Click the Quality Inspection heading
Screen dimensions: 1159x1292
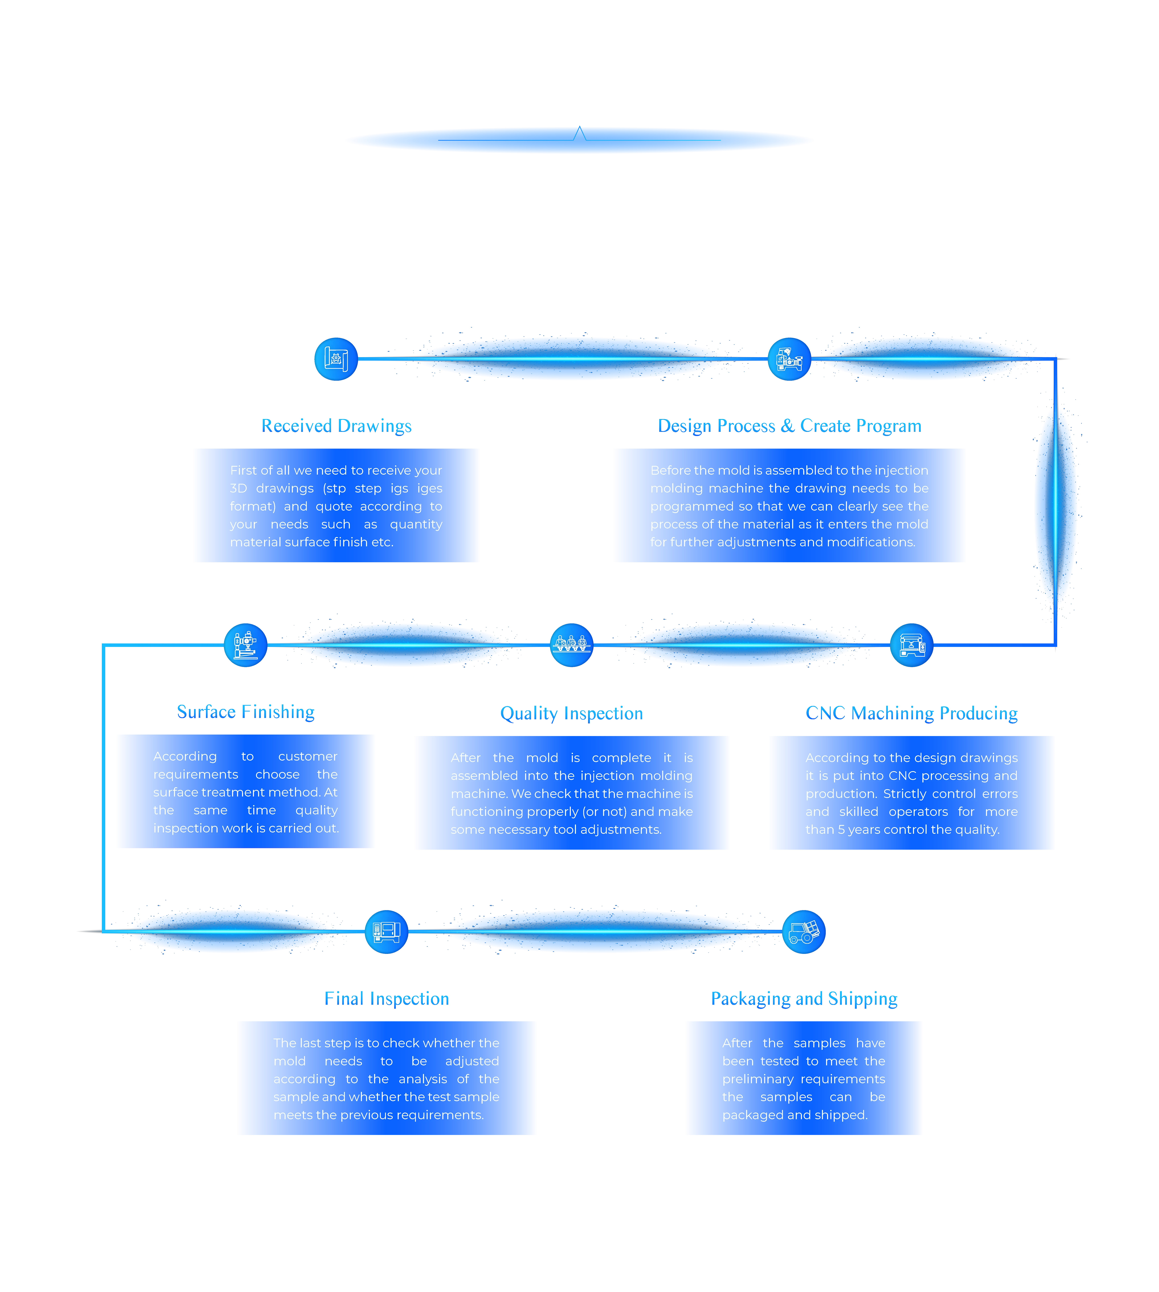pyautogui.click(x=572, y=714)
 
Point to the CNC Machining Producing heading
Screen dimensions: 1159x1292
pyautogui.click(x=912, y=714)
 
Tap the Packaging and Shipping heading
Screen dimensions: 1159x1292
pyautogui.click(x=804, y=999)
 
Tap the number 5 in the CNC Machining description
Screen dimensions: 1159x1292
pyautogui.click(x=841, y=829)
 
